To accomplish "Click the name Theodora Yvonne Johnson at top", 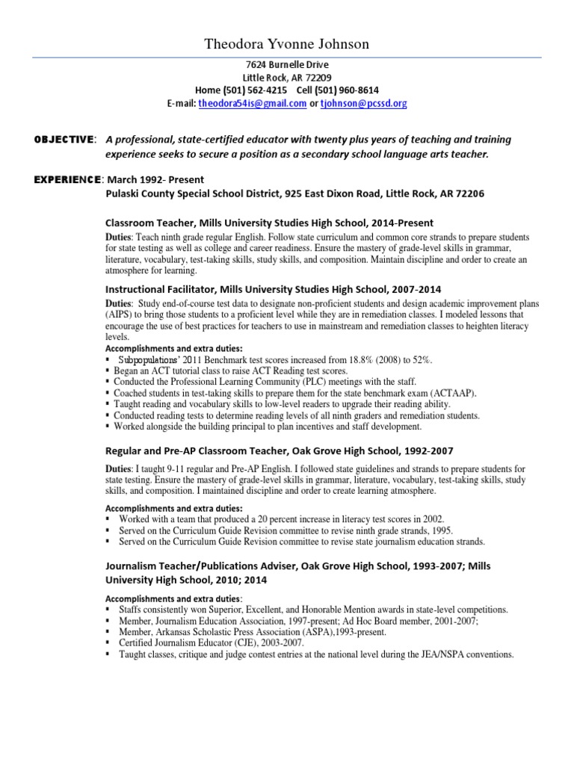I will point(286,46).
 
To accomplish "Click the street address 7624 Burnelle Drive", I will point(286,65).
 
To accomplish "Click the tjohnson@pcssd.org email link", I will point(363,104).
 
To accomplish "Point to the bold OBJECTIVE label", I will point(64,140).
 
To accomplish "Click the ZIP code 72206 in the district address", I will point(469,193).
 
